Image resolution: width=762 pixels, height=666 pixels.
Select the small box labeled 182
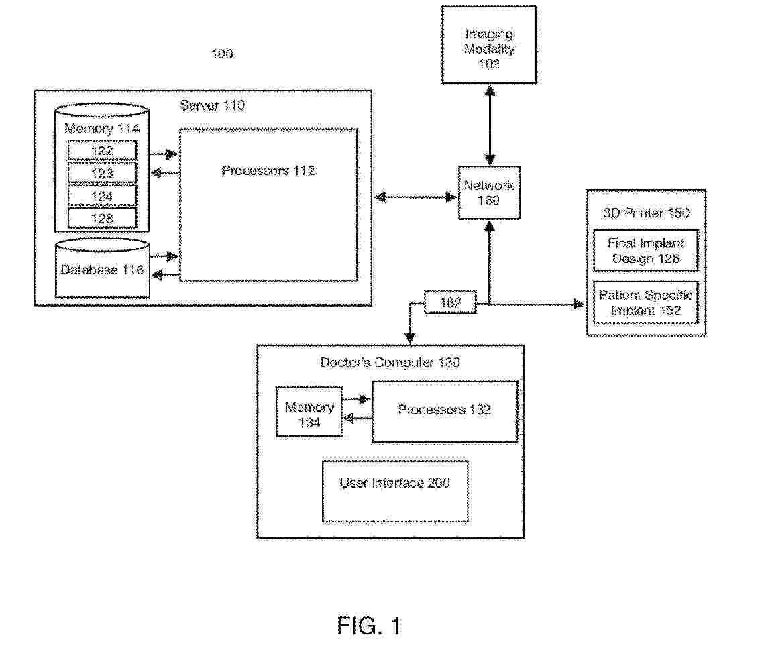coord(451,303)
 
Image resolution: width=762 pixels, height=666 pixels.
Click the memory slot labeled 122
coord(102,150)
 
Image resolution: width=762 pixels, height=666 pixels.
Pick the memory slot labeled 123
coord(102,173)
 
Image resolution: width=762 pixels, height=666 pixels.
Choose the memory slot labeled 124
coord(102,196)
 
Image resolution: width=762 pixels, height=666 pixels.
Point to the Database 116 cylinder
coord(102,270)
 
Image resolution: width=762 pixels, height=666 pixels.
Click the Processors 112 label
coord(268,171)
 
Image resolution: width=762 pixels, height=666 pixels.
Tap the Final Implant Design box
coord(645,251)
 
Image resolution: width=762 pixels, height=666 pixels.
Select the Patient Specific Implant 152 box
coord(645,303)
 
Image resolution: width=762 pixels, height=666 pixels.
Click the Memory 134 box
coord(309,415)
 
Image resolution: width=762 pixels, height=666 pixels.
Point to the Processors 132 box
coord(445,411)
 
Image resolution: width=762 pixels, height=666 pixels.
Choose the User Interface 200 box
coord(395,490)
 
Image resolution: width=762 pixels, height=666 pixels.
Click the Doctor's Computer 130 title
coord(390,363)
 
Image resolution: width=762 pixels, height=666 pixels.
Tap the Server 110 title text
coord(212,105)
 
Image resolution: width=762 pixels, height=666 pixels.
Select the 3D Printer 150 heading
coord(646,213)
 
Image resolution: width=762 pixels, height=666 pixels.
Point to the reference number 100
coord(222,54)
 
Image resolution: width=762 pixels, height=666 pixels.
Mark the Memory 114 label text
coord(102,128)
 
